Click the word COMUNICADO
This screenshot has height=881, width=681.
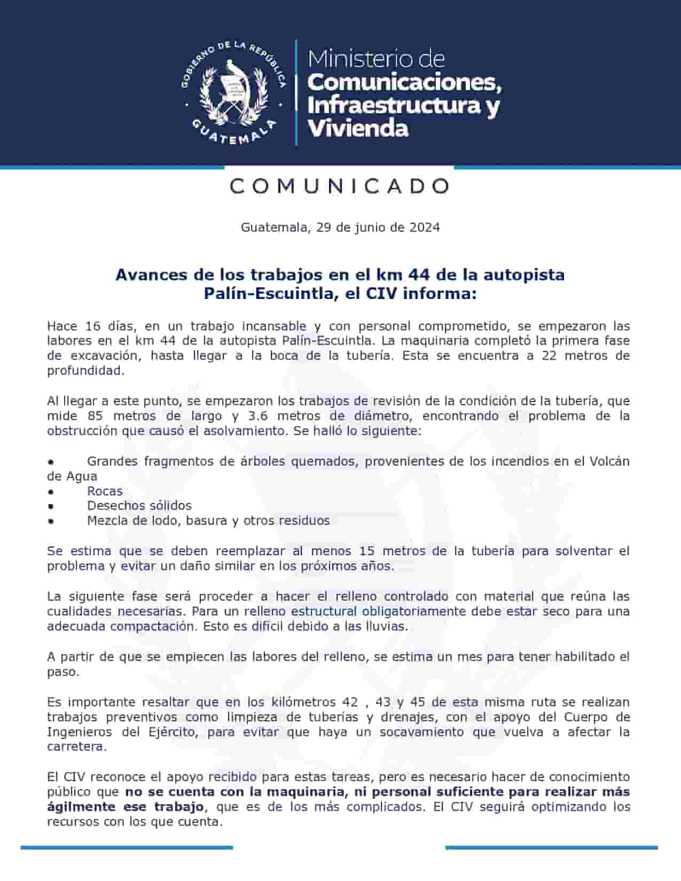pyautogui.click(x=340, y=186)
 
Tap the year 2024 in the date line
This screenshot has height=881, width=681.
pyautogui.click(x=425, y=227)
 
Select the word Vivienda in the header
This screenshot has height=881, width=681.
pyautogui.click(x=358, y=128)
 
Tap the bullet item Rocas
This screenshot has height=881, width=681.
pyautogui.click(x=105, y=491)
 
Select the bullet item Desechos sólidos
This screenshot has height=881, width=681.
pyautogui.click(x=139, y=506)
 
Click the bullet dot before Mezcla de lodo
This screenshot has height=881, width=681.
pyautogui.click(x=51, y=521)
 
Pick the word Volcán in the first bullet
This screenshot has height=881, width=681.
pyautogui.click(x=609, y=461)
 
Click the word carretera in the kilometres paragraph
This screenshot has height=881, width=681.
pyautogui.click(x=76, y=747)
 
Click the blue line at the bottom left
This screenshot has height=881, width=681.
pyautogui.click(x=127, y=847)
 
